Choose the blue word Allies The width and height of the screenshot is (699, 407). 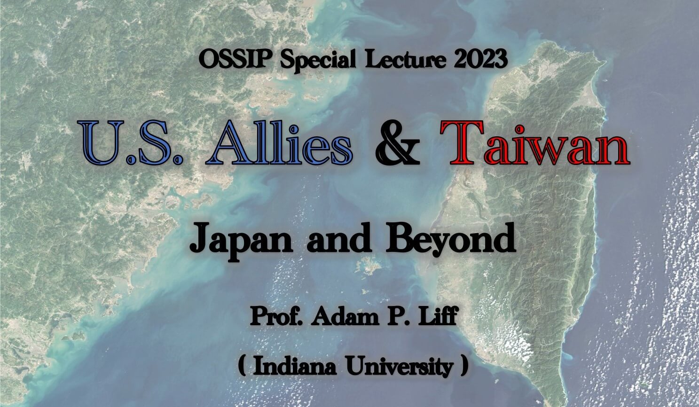click(279, 142)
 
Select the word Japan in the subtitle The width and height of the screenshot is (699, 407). click(241, 242)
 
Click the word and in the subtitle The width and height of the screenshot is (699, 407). click(339, 240)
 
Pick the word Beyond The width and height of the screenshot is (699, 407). click(451, 241)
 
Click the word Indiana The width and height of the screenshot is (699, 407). click(295, 367)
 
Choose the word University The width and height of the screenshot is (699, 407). click(400, 368)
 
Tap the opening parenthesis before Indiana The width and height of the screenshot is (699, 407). click(242, 367)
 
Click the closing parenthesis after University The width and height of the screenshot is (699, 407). click(464, 367)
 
